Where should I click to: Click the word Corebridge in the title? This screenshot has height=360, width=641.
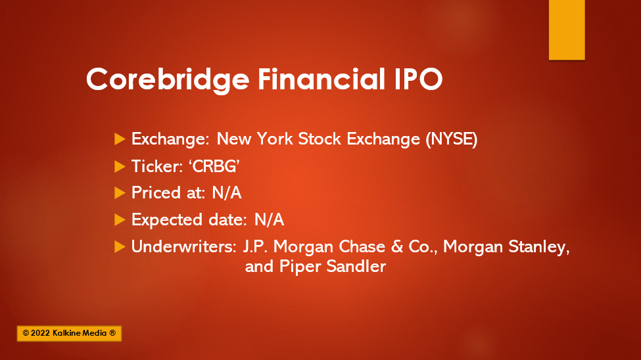click(x=168, y=79)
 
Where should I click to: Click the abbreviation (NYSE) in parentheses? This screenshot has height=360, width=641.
click(x=451, y=139)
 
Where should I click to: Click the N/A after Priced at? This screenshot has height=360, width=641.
click(x=227, y=193)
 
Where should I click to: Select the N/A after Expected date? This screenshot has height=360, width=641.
click(x=269, y=220)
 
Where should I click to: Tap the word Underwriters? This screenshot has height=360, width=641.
click(x=184, y=246)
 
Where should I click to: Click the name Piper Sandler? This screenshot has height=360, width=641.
click(x=333, y=267)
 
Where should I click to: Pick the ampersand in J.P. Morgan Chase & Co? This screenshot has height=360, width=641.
click(x=396, y=246)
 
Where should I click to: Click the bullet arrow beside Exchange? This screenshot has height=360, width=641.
click(x=120, y=139)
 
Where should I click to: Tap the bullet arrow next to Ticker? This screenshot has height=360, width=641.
click(x=120, y=166)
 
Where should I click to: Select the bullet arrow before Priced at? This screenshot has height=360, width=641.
click(x=120, y=193)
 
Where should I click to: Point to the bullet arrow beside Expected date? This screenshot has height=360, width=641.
click(x=120, y=220)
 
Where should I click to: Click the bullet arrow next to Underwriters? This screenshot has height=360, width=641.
click(x=120, y=246)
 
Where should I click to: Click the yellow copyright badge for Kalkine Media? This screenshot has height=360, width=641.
click(x=69, y=334)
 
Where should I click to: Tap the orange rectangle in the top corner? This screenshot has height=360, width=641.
click(x=567, y=30)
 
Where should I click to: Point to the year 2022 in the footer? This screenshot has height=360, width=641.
click(x=40, y=333)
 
